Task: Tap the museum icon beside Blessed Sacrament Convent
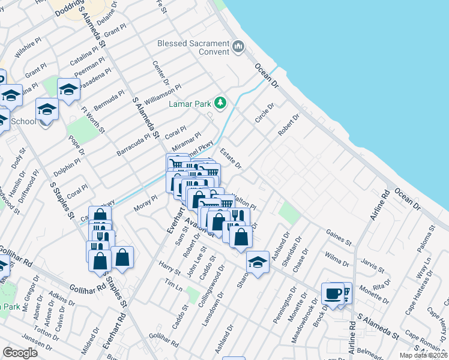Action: point(238,47)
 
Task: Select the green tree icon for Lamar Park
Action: point(220,103)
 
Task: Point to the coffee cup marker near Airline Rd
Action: point(332,294)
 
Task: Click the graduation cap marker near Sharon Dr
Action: point(258,262)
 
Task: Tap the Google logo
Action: point(20,353)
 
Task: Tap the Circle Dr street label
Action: point(264,113)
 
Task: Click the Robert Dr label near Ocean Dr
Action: point(288,125)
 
